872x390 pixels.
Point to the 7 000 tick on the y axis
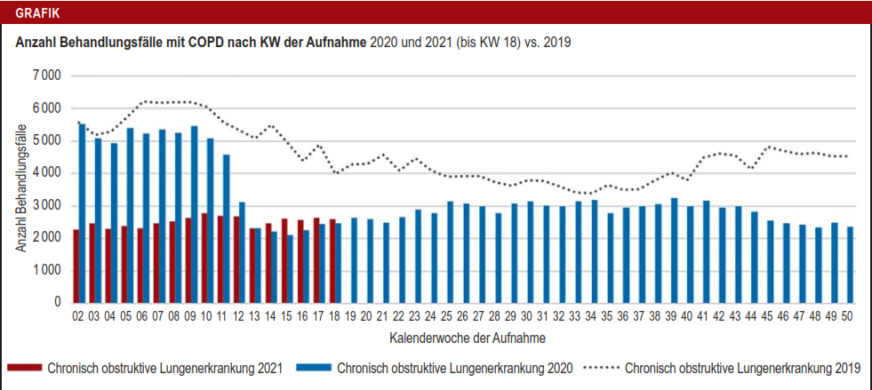point(45,76)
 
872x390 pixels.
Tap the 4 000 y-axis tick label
point(45,172)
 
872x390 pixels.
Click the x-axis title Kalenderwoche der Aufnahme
point(467,338)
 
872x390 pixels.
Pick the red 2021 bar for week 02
point(76,266)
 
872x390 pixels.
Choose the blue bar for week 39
point(675,250)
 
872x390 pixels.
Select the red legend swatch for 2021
point(23,368)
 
